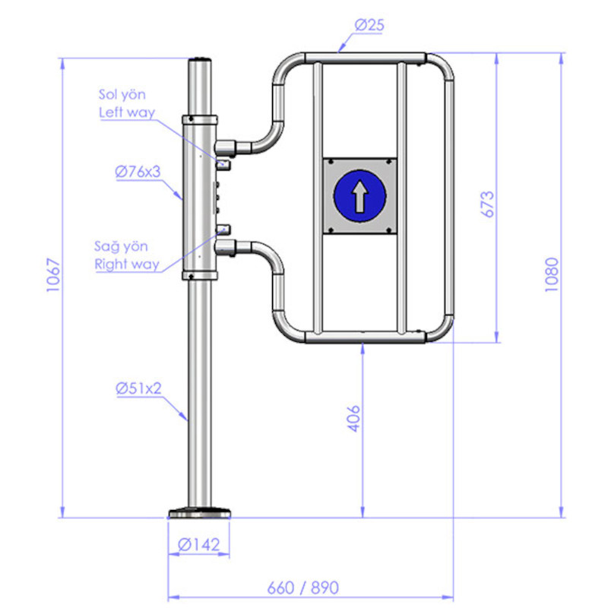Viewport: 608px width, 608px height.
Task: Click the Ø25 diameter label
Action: (x=369, y=25)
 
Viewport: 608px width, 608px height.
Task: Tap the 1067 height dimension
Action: (x=53, y=275)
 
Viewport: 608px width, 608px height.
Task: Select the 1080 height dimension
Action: (x=551, y=274)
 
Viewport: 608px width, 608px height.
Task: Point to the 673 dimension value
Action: (x=487, y=204)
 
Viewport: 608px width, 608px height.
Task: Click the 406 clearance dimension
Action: (x=353, y=419)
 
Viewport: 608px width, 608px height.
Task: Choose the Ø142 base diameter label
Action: (x=198, y=545)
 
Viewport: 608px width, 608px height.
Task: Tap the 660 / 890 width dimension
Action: (x=302, y=587)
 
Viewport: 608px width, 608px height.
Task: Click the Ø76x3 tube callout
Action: (x=138, y=172)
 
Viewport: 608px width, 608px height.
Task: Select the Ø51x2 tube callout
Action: (x=138, y=388)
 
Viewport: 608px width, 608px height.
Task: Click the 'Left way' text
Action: (x=127, y=112)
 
